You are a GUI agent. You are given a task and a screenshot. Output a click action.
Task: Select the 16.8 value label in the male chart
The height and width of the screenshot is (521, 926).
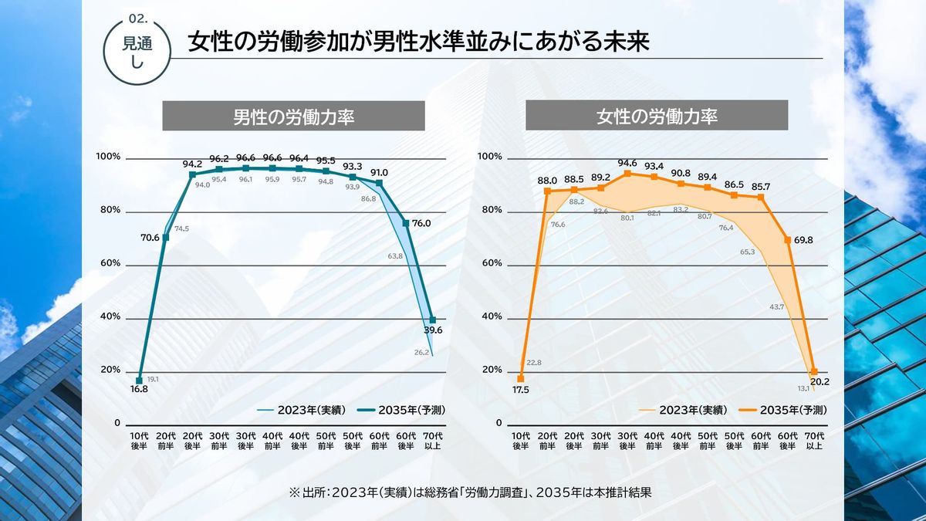[x=139, y=390]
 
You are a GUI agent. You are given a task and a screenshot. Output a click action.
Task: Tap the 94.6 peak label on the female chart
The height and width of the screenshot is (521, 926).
[x=627, y=163]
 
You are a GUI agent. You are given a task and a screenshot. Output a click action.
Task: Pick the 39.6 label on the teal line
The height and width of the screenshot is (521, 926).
[x=433, y=330]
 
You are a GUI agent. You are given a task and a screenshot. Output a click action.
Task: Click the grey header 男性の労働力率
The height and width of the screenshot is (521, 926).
[x=293, y=117]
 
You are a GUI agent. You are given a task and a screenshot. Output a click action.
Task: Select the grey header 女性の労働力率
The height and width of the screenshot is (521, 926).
[x=657, y=117]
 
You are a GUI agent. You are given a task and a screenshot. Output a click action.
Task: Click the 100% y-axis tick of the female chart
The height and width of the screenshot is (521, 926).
[x=490, y=157]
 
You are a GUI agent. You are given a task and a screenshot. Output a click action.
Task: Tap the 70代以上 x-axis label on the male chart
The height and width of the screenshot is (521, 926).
[x=434, y=441]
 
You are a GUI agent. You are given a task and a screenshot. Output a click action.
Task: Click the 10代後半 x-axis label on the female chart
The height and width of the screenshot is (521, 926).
[x=521, y=441]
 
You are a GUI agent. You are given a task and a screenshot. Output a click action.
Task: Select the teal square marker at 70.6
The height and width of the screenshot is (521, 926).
[x=165, y=237]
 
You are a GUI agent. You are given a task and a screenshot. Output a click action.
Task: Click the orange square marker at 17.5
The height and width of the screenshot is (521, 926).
[x=521, y=378]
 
